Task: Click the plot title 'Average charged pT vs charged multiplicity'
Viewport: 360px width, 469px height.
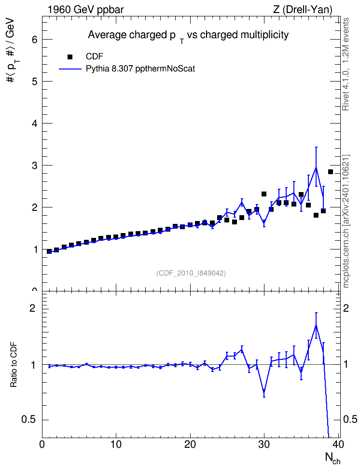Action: pos(188,36)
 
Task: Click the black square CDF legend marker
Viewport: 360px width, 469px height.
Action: pos(70,57)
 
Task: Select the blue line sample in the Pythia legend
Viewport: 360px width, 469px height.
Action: pos(70,69)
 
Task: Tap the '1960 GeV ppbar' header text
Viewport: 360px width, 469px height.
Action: pos(85,10)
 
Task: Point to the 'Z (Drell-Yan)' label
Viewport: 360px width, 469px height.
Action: pos(303,10)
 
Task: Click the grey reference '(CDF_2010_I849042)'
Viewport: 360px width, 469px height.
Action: pos(191,273)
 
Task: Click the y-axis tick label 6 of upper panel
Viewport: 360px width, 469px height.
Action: pos(35,40)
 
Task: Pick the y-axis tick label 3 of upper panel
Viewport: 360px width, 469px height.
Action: pos(35,166)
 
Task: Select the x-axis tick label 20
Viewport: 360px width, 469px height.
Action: pos(190,444)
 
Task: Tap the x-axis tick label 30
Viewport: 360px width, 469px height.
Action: pos(264,444)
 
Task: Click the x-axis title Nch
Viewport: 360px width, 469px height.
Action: pos(332,458)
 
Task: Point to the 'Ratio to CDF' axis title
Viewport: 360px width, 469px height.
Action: pos(14,365)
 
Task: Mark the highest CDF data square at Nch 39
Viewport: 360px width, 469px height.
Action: pos(331,172)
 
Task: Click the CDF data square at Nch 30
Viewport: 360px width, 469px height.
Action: pos(264,194)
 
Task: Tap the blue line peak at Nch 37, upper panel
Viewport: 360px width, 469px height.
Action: pos(316,168)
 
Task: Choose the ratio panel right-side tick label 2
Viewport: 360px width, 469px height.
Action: pos(346,308)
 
